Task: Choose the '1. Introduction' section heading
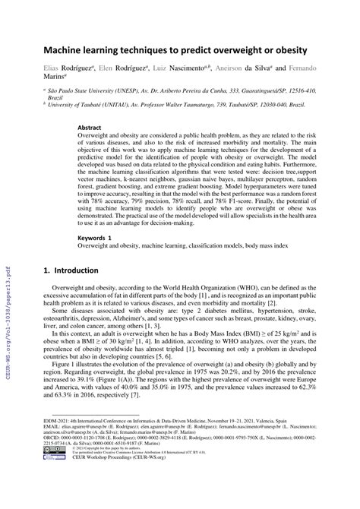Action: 72,270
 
